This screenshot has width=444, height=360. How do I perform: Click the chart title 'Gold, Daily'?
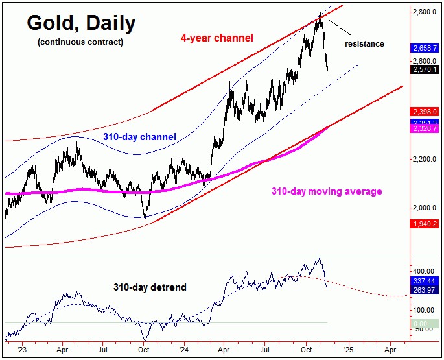coord(81,23)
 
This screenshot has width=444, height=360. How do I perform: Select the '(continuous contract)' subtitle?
coord(80,42)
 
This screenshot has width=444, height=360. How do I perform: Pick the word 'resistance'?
coord(364,44)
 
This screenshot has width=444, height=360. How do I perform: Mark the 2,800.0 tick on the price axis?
coord(426,12)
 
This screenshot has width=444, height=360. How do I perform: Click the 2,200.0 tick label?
coord(426,159)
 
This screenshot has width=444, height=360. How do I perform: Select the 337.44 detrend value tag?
coord(425,282)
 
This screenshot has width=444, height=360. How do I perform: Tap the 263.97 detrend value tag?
coord(425,290)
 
